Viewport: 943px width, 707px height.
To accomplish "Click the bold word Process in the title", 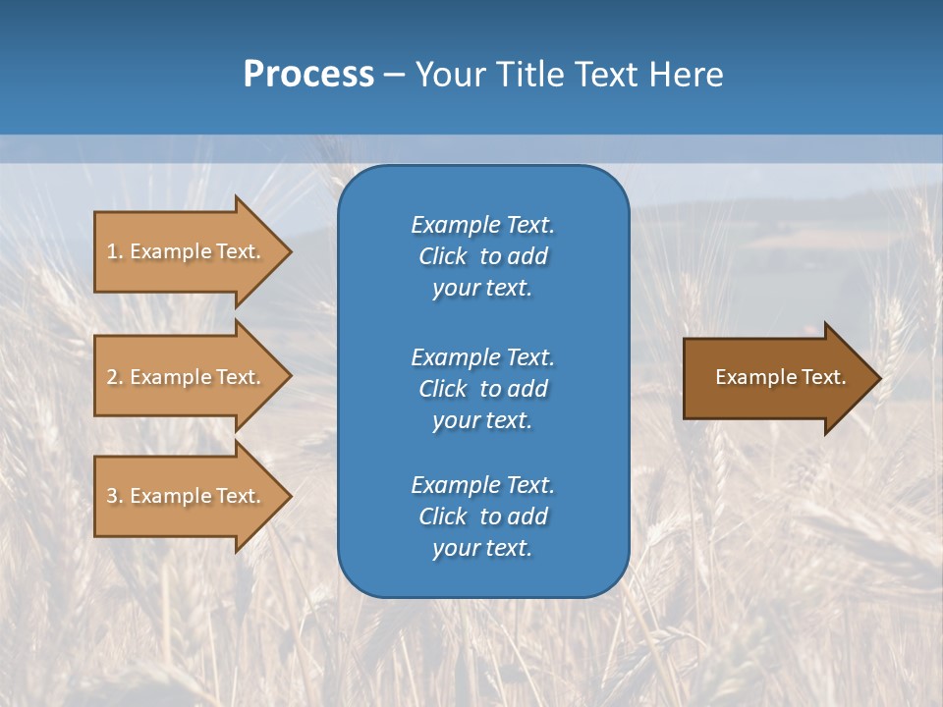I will (x=308, y=75).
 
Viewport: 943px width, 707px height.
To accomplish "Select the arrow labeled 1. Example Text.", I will (x=184, y=251).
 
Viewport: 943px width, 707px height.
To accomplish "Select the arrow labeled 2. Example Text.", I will (x=184, y=377).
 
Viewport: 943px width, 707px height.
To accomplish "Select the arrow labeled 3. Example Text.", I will (x=184, y=496).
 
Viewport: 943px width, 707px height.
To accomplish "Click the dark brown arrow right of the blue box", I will (x=776, y=378).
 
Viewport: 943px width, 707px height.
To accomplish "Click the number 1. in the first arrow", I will (x=115, y=251).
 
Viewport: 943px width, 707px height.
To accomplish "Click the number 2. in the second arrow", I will (x=115, y=377).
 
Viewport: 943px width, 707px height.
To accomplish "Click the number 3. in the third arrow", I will (x=115, y=496).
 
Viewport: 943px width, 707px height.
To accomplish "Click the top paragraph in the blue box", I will (x=482, y=256).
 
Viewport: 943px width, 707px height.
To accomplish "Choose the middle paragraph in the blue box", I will (x=482, y=389).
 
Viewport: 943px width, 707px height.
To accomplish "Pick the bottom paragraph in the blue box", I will (x=482, y=517).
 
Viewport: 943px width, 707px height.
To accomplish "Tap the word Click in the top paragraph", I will (x=443, y=256).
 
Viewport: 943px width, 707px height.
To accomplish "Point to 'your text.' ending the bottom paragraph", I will (x=482, y=548).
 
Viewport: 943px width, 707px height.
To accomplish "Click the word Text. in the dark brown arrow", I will (x=820, y=377).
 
